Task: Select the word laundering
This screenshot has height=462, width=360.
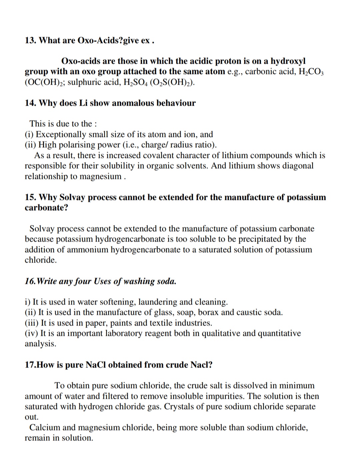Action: tap(157, 302)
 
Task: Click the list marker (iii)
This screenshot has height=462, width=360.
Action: tap(31, 323)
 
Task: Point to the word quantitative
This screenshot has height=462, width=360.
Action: tap(279, 333)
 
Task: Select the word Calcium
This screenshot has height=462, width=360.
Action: tap(45, 428)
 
